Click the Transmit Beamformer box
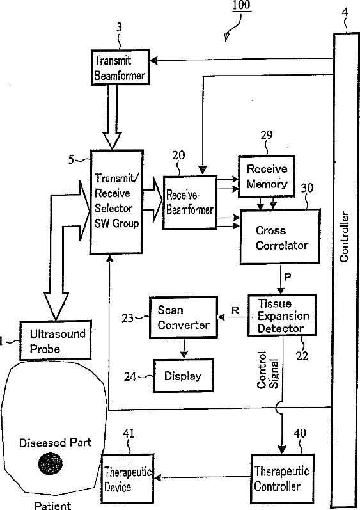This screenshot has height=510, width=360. (x=120, y=67)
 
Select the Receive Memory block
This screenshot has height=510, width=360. (x=267, y=176)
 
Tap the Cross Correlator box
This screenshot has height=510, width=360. (x=280, y=237)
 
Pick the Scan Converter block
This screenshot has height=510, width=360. (x=184, y=317)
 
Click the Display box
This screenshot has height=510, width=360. (x=184, y=376)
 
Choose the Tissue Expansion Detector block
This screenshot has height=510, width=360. (x=282, y=315)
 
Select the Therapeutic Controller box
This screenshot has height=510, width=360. (x=283, y=479)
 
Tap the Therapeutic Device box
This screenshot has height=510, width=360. (x=128, y=479)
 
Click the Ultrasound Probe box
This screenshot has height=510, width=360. (x=56, y=340)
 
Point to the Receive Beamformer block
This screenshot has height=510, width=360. (x=190, y=203)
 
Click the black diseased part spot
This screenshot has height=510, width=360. (x=51, y=463)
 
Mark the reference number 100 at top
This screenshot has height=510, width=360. (x=241, y=5)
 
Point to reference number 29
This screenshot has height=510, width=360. (x=267, y=135)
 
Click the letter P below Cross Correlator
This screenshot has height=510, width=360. (x=288, y=276)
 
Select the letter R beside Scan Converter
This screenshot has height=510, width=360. (x=235, y=310)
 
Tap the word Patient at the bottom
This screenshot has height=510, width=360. (x=52, y=505)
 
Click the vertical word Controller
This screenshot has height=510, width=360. (x=344, y=237)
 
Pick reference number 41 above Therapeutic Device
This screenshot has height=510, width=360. (x=129, y=433)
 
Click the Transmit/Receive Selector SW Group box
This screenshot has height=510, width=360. (x=116, y=202)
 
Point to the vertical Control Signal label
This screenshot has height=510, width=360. (x=268, y=370)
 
